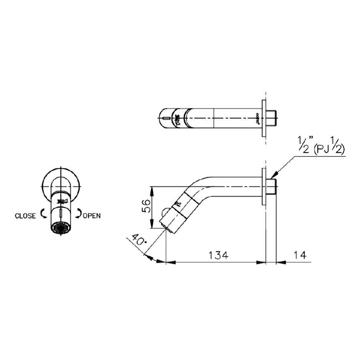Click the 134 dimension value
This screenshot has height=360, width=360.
coord(217,255)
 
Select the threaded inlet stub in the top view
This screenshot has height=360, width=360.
coord(272,118)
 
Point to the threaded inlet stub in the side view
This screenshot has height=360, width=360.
coord(272,187)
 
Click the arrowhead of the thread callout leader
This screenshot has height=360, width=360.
coord(274,176)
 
